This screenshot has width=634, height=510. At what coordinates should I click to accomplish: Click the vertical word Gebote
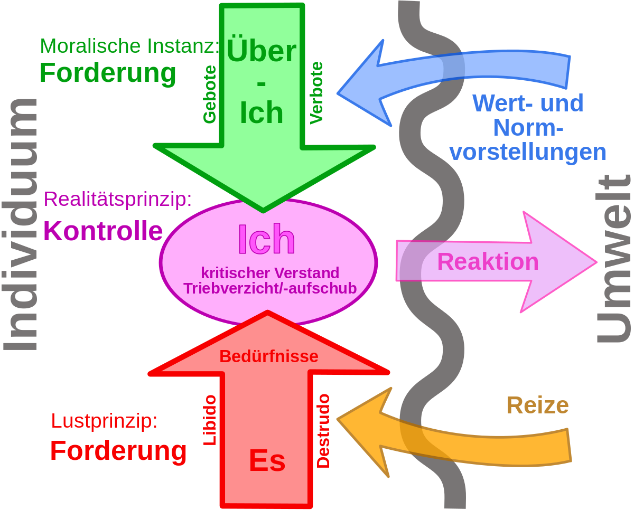tap(210, 95)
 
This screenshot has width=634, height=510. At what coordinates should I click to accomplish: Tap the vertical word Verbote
tap(316, 93)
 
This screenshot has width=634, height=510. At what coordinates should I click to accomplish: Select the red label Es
tap(267, 461)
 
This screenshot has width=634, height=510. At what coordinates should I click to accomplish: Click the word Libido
tap(210, 420)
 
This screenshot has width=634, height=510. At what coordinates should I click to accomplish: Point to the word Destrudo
tap(323, 431)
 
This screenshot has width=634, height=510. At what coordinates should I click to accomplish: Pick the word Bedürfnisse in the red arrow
tap(269, 357)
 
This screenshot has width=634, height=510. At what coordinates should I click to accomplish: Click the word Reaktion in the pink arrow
tap(488, 262)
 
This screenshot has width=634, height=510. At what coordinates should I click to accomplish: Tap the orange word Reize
tap(537, 405)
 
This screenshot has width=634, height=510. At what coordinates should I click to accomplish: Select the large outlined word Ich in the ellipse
tap(267, 240)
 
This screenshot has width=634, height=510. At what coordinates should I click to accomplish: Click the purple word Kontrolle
tap(103, 231)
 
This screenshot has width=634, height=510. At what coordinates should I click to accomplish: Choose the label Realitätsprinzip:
tap(117, 199)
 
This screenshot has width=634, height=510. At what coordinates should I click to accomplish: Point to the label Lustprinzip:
tap(104, 421)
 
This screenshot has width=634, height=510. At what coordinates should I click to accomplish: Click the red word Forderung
tap(118, 451)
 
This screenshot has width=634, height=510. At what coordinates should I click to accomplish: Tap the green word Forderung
tap(108, 73)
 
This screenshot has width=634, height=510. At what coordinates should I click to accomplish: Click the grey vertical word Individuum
tap(21, 224)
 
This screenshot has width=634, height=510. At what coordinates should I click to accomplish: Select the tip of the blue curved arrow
tap(339, 94)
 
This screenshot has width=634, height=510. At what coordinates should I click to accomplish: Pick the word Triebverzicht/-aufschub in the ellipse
tap(269, 288)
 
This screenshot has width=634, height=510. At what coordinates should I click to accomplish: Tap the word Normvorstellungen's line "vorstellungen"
tap(530, 152)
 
